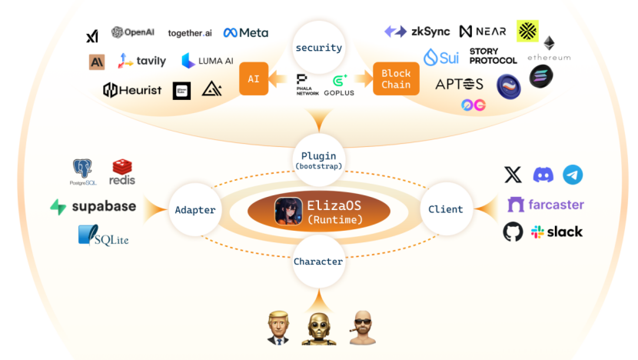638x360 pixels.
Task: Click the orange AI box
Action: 254,79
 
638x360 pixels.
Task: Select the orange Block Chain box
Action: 395,79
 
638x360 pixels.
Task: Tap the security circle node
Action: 318,48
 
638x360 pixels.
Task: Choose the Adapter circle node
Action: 194,209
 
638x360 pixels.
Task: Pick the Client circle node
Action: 445,208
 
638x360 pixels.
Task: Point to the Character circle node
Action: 318,262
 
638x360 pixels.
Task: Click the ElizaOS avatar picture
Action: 288,211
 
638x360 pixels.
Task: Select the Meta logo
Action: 246,32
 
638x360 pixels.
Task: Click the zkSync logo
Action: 417,32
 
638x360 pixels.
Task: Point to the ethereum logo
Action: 549,48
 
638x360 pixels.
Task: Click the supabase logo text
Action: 93,206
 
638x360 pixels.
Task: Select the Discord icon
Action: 543,175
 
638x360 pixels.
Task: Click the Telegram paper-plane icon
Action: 573,175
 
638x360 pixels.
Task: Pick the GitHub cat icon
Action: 513,232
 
